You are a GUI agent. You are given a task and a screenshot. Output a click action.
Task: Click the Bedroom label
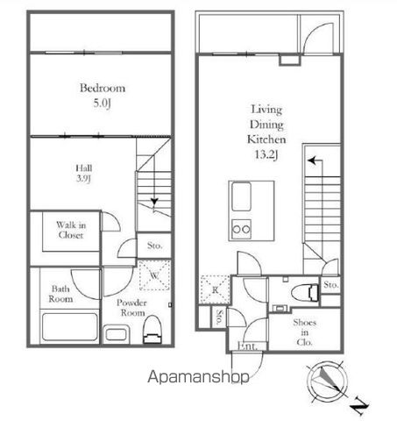coord(103,88)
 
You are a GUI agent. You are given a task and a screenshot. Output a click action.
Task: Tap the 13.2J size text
coord(266,154)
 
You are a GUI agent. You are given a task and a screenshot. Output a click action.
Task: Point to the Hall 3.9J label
coord(84,173)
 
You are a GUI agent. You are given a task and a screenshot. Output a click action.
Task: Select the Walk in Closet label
coord(71,230)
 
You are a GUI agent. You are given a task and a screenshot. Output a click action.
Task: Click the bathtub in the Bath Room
coord(70,326)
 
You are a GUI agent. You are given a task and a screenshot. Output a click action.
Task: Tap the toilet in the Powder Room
coord(152,329)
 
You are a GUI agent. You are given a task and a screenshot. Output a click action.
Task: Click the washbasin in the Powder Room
coord(116,334)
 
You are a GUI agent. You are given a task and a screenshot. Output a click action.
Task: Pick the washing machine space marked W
coord(154,275)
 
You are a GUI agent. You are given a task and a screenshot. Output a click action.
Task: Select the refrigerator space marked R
coord(215,289)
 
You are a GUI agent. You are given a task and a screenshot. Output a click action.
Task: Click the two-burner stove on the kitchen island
coord(241,229)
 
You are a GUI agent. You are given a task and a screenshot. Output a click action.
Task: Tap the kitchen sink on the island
coord(241,196)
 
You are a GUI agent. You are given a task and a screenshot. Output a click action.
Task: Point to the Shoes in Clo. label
coord(304,332)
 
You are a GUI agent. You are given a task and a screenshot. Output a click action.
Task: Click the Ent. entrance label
coord(247,346)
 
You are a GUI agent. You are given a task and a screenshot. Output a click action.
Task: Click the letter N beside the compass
coord(359,406)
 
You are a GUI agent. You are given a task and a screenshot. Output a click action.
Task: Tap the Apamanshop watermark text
coord(198,376)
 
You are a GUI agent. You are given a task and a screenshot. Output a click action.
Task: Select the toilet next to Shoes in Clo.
coord(305,292)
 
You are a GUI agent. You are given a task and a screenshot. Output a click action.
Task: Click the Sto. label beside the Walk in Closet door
coord(154,246)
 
